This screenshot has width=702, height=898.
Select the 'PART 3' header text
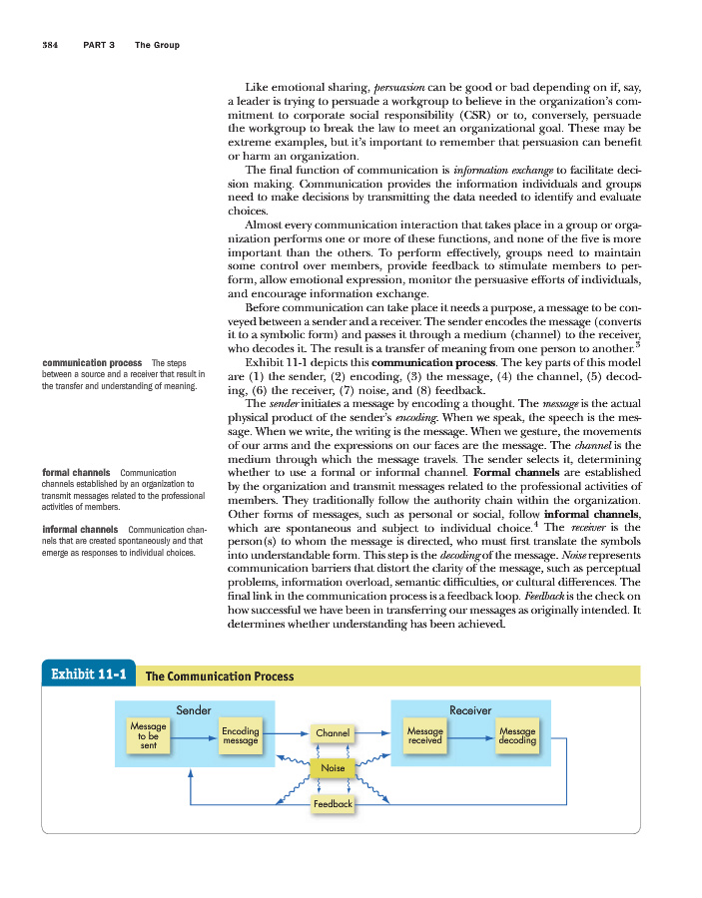[101, 45]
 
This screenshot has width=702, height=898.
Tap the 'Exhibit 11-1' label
[86, 674]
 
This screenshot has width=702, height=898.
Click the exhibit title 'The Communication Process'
[220, 676]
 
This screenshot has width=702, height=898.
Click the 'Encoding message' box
[241, 735]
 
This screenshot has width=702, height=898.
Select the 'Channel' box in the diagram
[333, 733]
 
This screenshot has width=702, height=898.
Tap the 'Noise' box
[333, 767]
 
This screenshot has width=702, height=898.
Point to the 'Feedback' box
[333, 803]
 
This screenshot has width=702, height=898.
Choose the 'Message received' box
[425, 735]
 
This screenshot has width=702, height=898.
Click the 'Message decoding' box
[516, 735]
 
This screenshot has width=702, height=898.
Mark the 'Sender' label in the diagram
[194, 709]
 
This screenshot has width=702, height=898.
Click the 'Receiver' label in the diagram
[470, 709]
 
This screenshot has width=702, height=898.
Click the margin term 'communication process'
[91, 362]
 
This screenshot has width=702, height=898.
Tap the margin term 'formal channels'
[76, 472]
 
